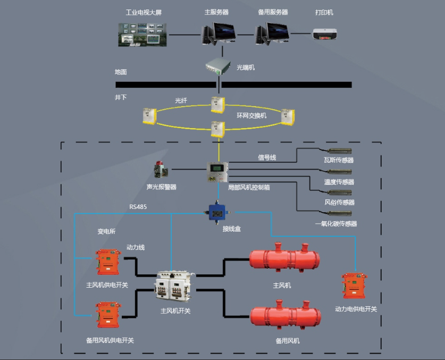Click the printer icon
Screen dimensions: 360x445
pyautogui.click(x=324, y=34)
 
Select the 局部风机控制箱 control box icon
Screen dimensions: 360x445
pyautogui.click(x=218, y=171)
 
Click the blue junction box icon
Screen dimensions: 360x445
pyautogui.click(x=216, y=211)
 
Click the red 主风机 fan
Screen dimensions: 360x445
pyautogui.click(x=284, y=259)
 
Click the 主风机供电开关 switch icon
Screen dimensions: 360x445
pyautogui.click(x=106, y=262)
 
